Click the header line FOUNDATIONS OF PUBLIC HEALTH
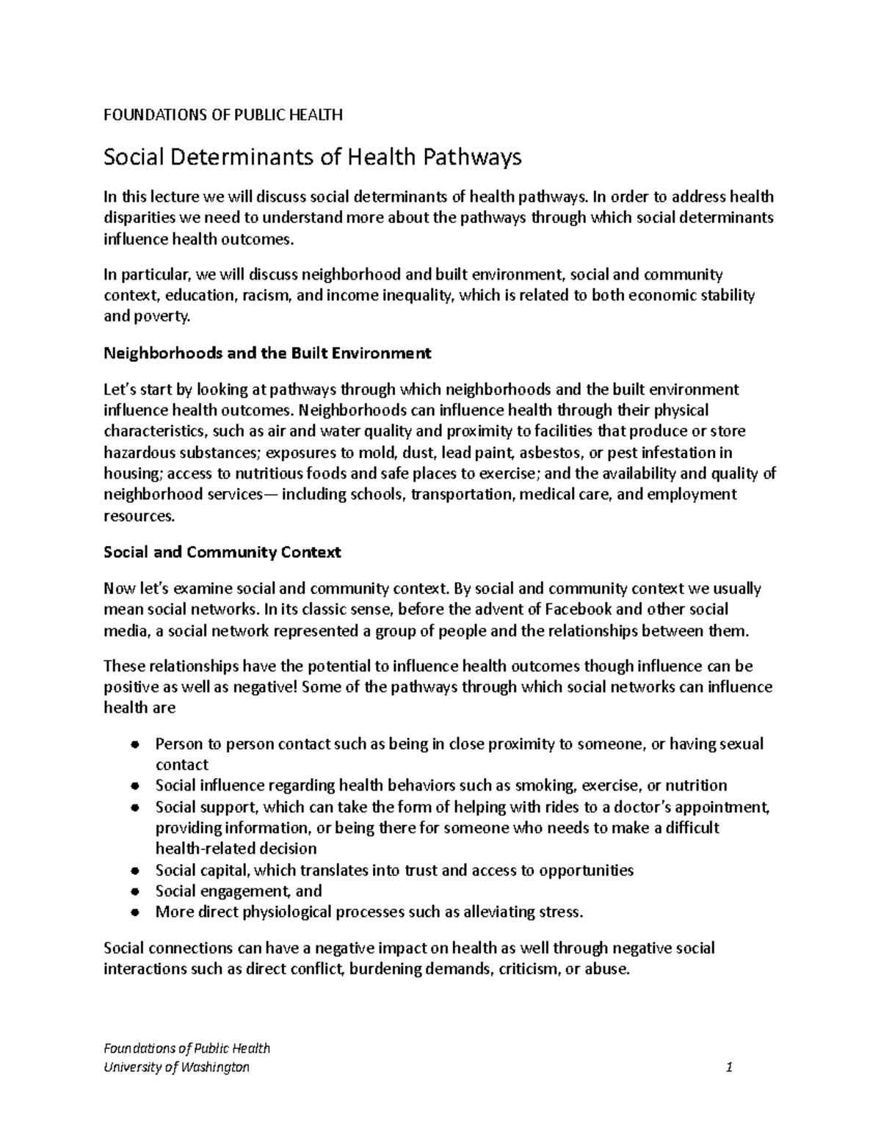pos(223,115)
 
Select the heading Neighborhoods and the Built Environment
pos(267,353)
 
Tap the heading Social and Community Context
pos(222,552)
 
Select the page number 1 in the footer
pos(729,1067)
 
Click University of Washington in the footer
pos(177,1067)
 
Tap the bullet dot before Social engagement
pos(134,892)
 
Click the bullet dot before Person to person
pos(134,744)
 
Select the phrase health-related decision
pos(236,849)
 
